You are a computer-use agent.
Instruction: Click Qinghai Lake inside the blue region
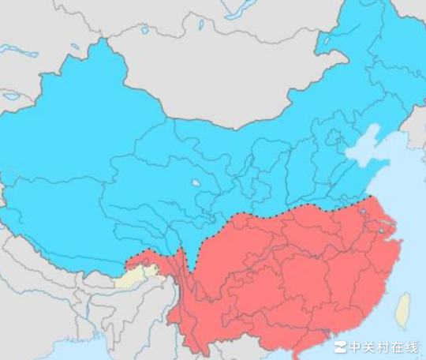point(195,184)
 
